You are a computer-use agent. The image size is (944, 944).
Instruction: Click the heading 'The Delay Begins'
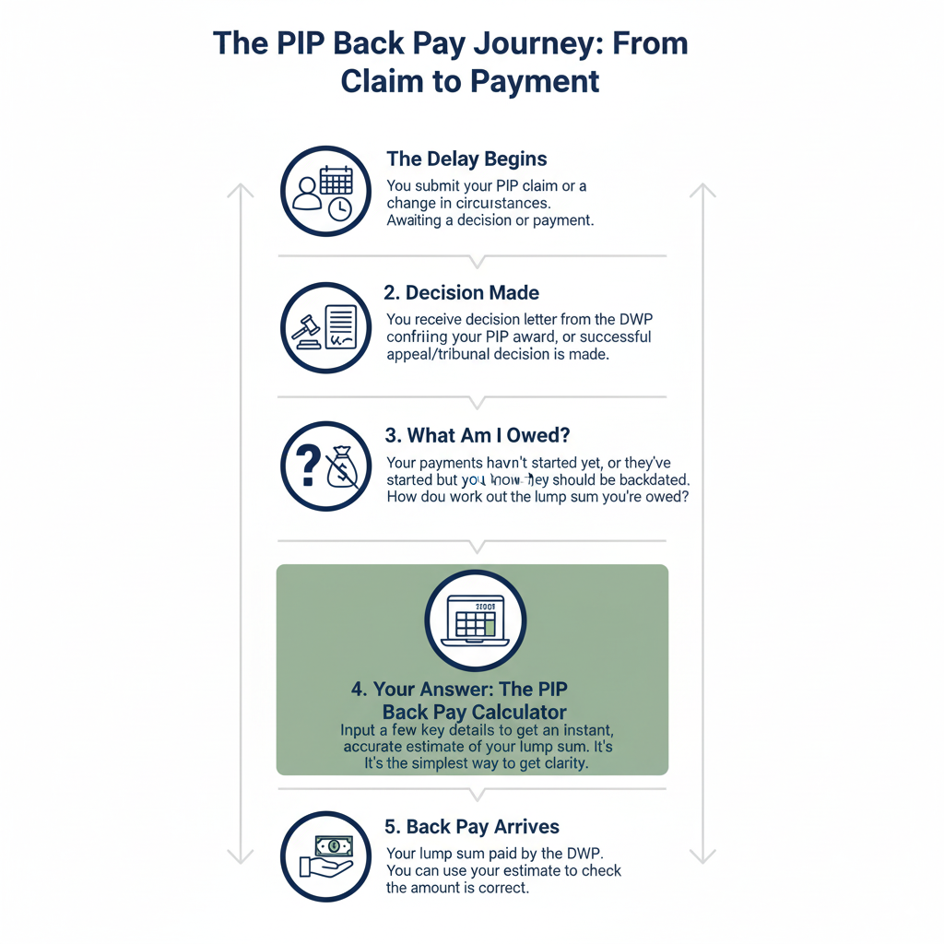click(466, 159)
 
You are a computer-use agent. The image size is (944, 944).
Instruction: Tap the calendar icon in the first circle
click(336, 179)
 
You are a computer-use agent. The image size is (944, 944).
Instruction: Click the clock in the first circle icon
click(339, 209)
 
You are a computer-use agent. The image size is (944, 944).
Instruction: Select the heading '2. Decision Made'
click(461, 293)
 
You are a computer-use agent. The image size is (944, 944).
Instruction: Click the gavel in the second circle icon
click(305, 330)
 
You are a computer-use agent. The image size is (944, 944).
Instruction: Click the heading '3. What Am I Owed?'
click(477, 435)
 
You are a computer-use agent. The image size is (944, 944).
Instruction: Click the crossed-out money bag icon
click(341, 467)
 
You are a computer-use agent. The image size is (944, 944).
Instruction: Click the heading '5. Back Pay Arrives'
click(472, 826)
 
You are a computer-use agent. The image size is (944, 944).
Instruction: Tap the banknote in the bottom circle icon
click(334, 845)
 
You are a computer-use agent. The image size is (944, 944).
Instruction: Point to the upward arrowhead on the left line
click(241, 190)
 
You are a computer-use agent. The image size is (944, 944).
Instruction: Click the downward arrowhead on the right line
click(702, 855)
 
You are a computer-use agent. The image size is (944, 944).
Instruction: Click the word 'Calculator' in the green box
click(519, 713)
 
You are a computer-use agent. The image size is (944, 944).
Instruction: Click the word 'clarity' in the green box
click(560, 763)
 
